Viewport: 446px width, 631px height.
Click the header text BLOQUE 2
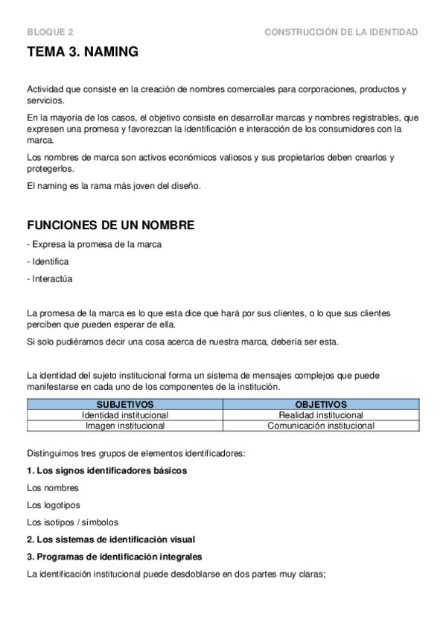point(50,32)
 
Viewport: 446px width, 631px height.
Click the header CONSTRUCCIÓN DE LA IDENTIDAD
point(341,32)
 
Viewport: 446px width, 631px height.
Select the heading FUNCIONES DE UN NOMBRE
point(111,225)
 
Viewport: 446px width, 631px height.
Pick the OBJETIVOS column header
point(321,404)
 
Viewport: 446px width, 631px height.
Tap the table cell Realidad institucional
point(321,414)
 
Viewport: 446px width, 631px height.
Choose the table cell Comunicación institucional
point(321,426)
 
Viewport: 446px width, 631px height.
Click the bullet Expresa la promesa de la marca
point(94,244)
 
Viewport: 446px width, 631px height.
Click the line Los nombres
point(52,488)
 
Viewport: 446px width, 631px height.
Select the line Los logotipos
point(54,505)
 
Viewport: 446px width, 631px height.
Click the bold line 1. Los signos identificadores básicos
point(106,471)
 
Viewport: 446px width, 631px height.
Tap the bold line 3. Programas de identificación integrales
point(114,557)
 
